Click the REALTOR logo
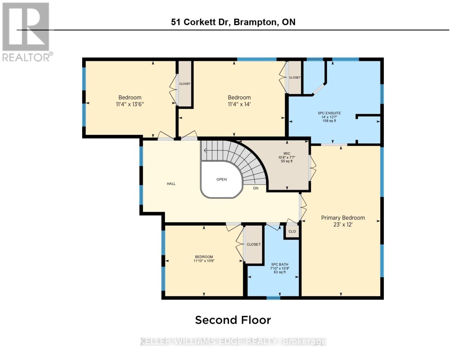pyautogui.click(x=27, y=32)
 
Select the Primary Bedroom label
pyautogui.click(x=343, y=218)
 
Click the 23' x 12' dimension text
pyautogui.click(x=343, y=225)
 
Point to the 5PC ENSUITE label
pyautogui.click(x=329, y=113)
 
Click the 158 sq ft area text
pyautogui.click(x=329, y=121)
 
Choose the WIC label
pyautogui.click(x=287, y=154)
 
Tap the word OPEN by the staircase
pyautogui.click(x=221, y=179)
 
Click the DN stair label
pyautogui.click(x=256, y=188)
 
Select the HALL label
pyautogui.click(x=171, y=184)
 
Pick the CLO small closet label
pyautogui.click(x=292, y=231)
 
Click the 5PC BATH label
pyautogui.click(x=280, y=265)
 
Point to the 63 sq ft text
pyautogui.click(x=280, y=272)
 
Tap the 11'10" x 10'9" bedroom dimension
pyautogui.click(x=204, y=261)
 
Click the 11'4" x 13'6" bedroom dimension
pyautogui.click(x=130, y=104)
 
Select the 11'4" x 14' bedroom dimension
pyautogui.click(x=239, y=104)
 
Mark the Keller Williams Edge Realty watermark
pyautogui.click(x=233, y=341)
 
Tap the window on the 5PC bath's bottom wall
pyautogui.click(x=273, y=298)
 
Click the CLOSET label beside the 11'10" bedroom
pyautogui.click(x=254, y=244)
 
